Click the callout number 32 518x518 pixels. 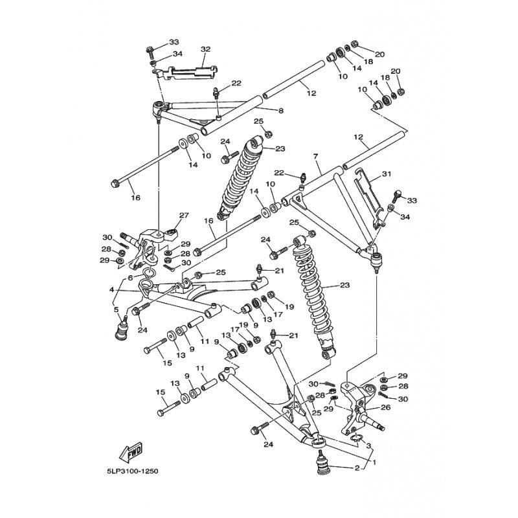(206, 49)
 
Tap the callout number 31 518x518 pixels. (387, 174)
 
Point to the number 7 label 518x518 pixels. (315, 157)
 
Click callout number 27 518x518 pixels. (183, 216)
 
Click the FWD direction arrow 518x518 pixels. (130, 451)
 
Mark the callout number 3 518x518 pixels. (368, 445)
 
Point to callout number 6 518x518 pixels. (129, 277)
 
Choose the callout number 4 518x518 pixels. (111, 290)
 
